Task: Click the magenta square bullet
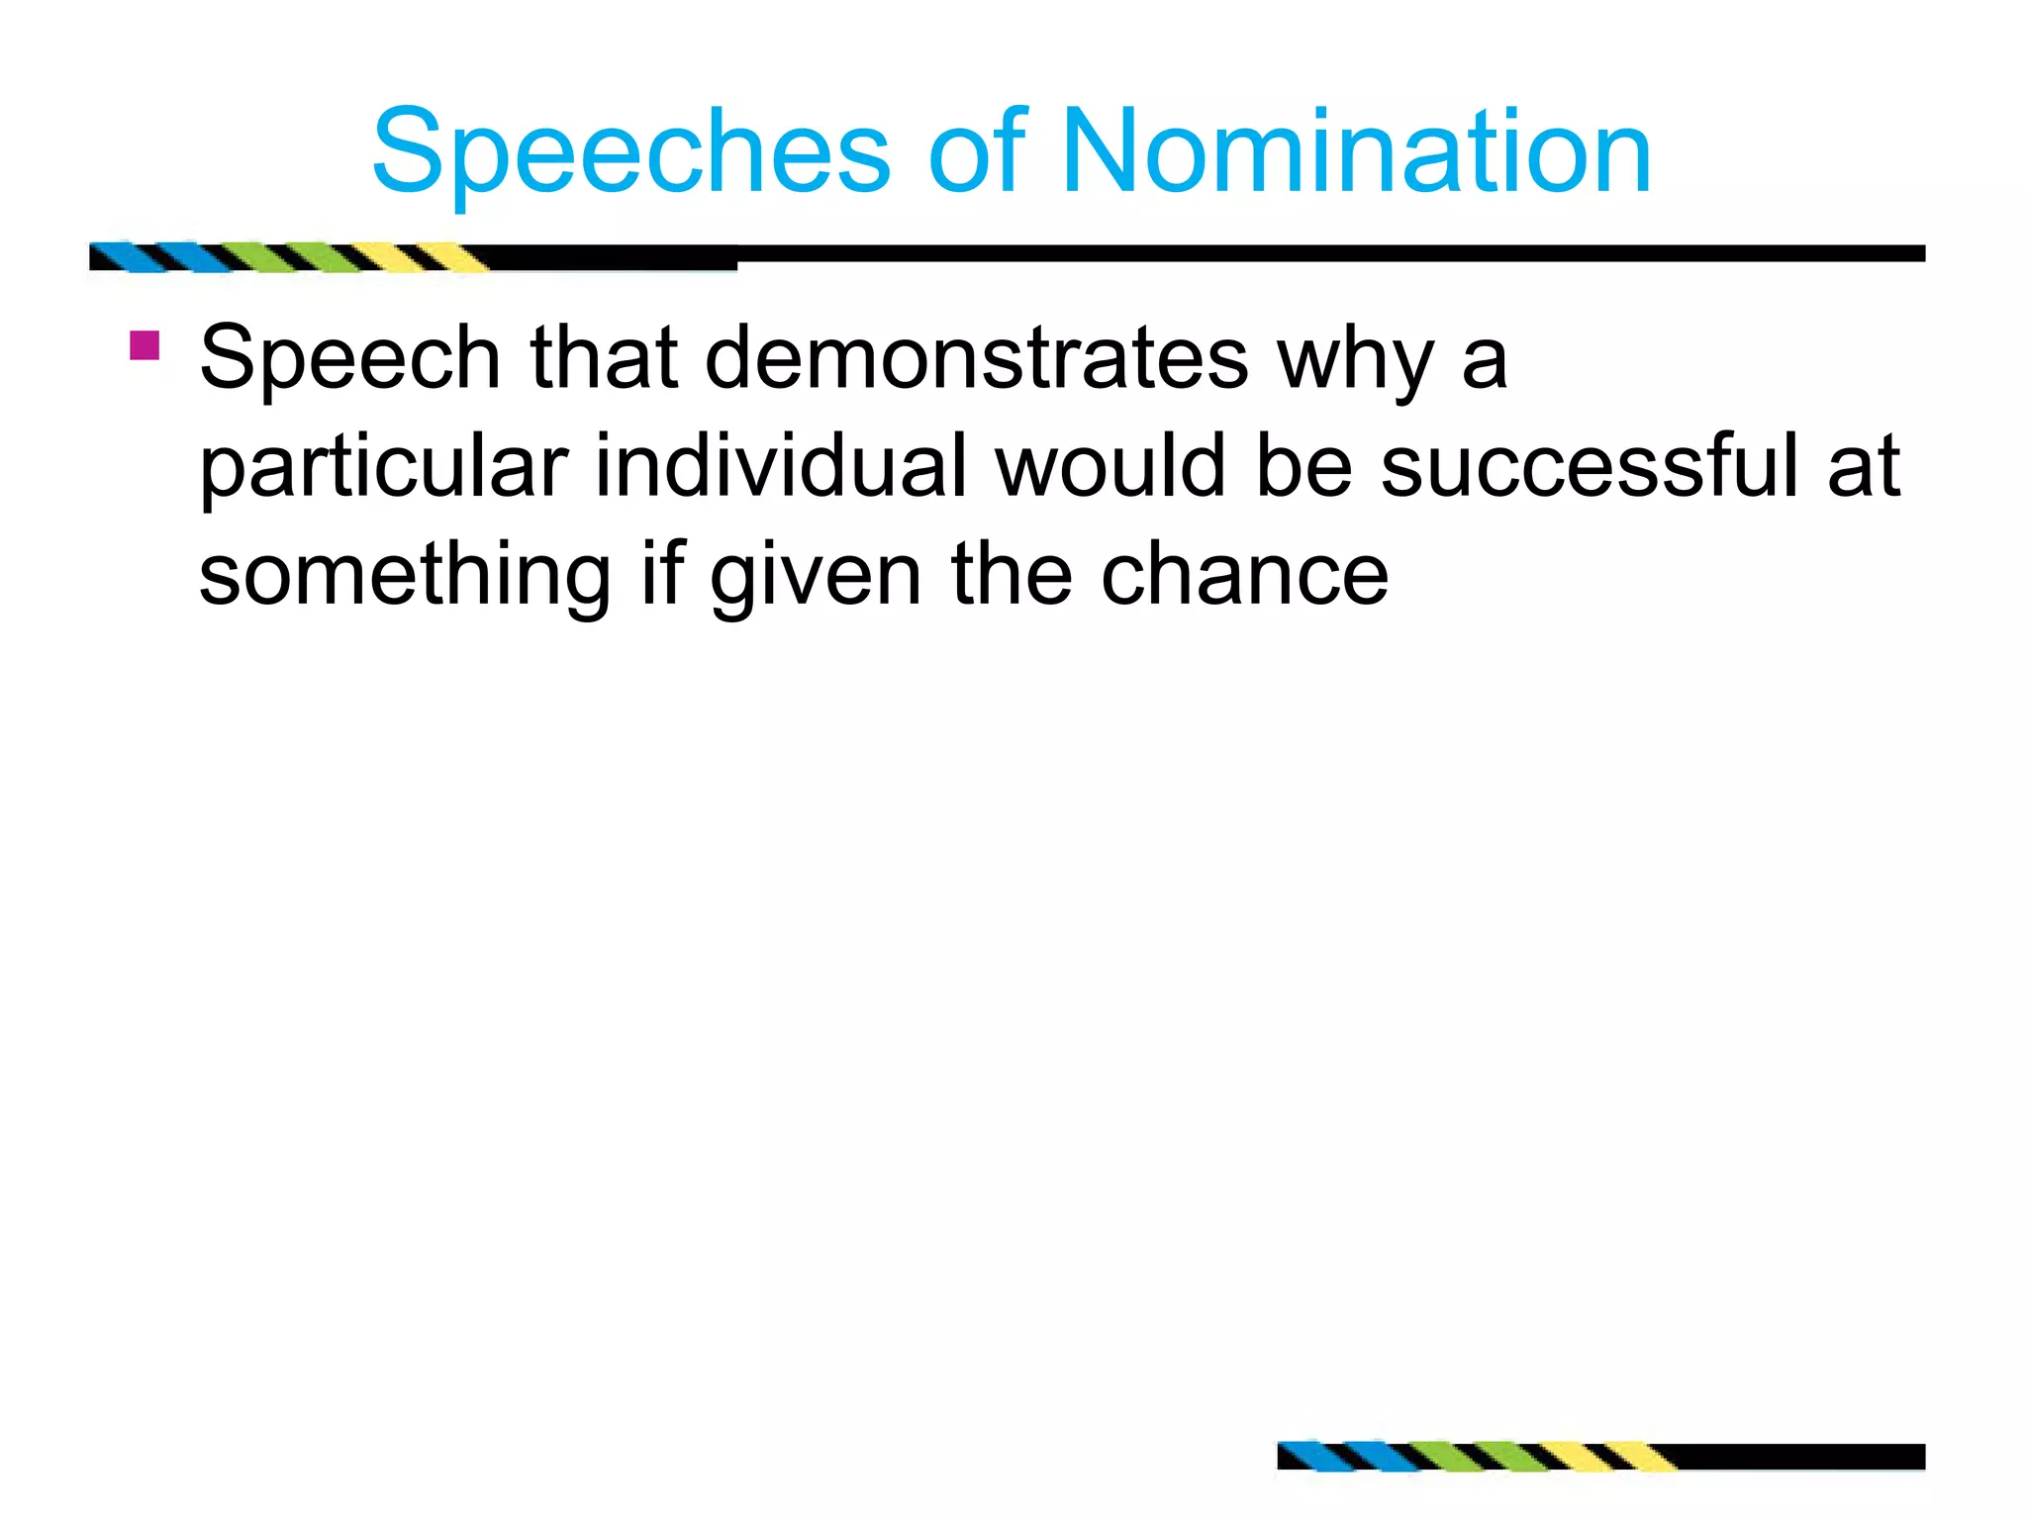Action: [x=145, y=345]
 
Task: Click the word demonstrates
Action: [x=976, y=358]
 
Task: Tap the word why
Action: [x=1355, y=358]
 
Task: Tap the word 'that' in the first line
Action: [x=604, y=358]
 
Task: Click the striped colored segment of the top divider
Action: [x=287, y=257]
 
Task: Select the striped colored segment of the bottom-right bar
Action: [x=1475, y=1457]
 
